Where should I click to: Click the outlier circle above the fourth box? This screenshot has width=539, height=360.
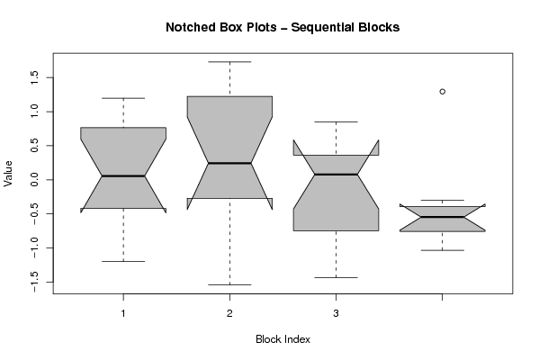[443, 92]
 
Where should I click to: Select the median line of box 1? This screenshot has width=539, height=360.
[123, 176]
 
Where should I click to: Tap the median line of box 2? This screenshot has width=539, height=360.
[229, 163]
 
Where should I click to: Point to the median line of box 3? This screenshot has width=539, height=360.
[336, 175]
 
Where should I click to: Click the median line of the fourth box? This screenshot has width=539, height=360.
[443, 217]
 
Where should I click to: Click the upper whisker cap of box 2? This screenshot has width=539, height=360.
[229, 62]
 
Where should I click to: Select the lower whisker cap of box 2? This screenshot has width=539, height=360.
[229, 284]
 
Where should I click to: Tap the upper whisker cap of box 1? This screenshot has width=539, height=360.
[123, 98]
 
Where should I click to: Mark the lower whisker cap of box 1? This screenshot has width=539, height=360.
[123, 261]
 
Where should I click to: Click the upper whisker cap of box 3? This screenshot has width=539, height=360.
[336, 121]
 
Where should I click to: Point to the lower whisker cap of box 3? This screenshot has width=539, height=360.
[336, 277]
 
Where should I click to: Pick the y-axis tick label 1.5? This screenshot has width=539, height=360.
[34, 77]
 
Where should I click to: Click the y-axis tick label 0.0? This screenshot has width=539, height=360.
[34, 180]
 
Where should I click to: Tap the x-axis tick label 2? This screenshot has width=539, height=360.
[229, 313]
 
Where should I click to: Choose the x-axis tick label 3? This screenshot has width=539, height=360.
[336, 313]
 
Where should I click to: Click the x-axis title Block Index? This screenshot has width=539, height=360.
[283, 339]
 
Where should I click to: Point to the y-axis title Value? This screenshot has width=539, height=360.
[8, 174]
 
